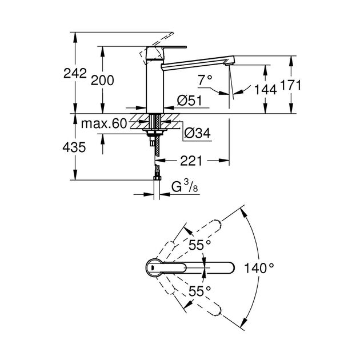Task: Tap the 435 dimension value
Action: (x=74, y=147)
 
